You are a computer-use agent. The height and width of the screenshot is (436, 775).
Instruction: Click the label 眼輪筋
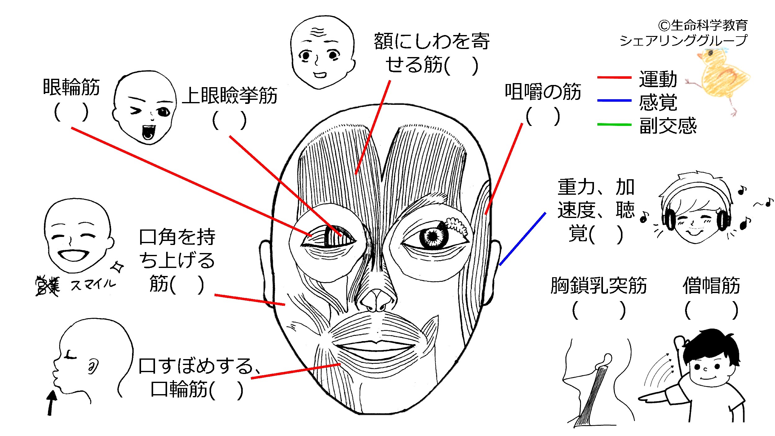coord(71,87)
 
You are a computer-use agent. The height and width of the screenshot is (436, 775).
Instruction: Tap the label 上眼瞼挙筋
coord(230,95)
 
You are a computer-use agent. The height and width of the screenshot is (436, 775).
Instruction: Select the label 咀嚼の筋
coord(543,92)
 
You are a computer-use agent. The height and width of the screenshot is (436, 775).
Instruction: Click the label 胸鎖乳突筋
coord(599,285)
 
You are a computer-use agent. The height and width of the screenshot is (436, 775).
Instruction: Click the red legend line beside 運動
coord(614,77)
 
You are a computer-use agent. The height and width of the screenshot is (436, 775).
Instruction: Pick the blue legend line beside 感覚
coord(614,100)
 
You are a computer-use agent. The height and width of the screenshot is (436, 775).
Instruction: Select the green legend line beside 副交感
coord(614,124)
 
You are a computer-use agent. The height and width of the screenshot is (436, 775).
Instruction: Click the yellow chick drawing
coord(719,78)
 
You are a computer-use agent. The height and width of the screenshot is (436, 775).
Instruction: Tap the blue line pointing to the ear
coord(523,239)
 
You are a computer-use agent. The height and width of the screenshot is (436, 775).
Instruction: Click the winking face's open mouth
coord(148,132)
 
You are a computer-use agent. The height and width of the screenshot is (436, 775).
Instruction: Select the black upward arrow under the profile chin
coord(51,403)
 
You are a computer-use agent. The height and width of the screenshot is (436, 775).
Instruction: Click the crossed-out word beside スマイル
coord(47,286)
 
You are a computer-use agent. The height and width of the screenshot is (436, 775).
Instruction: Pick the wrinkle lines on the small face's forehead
coord(318,32)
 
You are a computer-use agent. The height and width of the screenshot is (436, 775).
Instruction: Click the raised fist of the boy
coord(680,343)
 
